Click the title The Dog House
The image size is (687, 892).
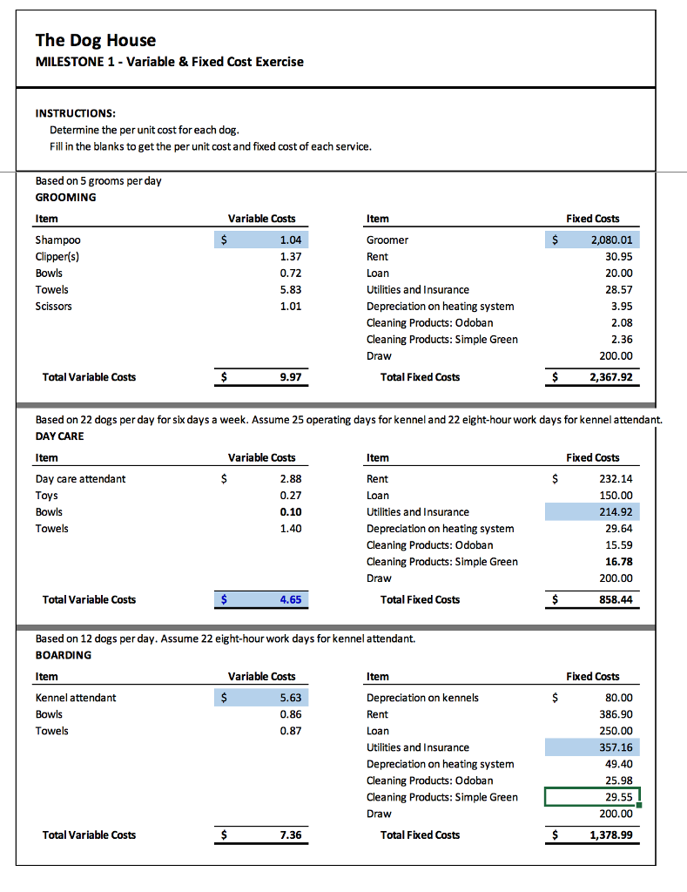[x=96, y=40]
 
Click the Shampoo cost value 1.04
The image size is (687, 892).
[x=290, y=240]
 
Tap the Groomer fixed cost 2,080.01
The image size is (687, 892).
[x=610, y=240]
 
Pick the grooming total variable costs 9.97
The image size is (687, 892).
[x=291, y=377]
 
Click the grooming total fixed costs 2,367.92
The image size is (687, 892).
[x=610, y=377]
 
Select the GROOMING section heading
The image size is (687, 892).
[x=65, y=197]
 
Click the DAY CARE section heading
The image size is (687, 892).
[x=60, y=436]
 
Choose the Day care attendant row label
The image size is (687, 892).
[x=80, y=478]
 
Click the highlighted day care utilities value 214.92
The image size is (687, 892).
[x=616, y=511]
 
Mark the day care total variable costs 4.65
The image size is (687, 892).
[x=291, y=599]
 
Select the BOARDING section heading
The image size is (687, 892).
[x=63, y=655]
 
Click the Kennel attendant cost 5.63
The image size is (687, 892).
[x=291, y=697]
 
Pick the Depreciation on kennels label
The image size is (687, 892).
[x=422, y=697]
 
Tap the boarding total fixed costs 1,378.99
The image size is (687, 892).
[x=610, y=835]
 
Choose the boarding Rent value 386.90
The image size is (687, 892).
[x=616, y=713]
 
